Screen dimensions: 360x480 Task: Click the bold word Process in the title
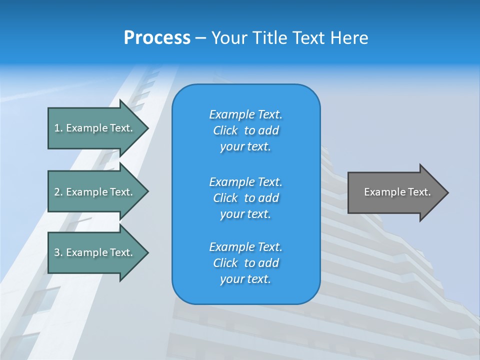[157, 38]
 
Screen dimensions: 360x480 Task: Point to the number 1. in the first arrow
[58, 128]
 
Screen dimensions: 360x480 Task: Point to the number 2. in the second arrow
[58, 192]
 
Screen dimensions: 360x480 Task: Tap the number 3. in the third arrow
[58, 252]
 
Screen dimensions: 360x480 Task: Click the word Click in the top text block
[225, 130]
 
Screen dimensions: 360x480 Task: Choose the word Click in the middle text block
[225, 198]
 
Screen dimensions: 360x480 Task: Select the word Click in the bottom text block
[225, 263]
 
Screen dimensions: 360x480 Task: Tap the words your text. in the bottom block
[245, 279]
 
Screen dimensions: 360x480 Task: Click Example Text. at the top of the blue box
[245, 114]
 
